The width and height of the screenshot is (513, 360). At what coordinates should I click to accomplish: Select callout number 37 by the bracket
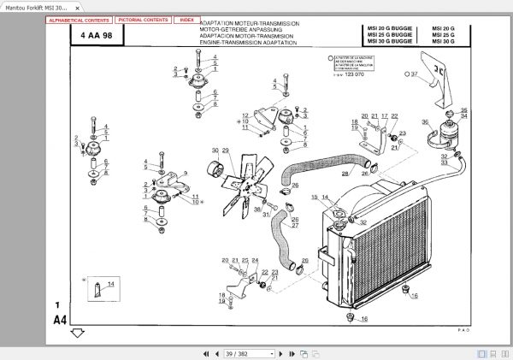pos(414,74)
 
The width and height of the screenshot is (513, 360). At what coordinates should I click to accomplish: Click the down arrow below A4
pos(77,333)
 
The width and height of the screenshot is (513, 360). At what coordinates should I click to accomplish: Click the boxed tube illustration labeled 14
pos(102,288)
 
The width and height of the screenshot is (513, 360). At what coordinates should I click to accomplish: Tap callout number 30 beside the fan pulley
pos(215,150)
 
